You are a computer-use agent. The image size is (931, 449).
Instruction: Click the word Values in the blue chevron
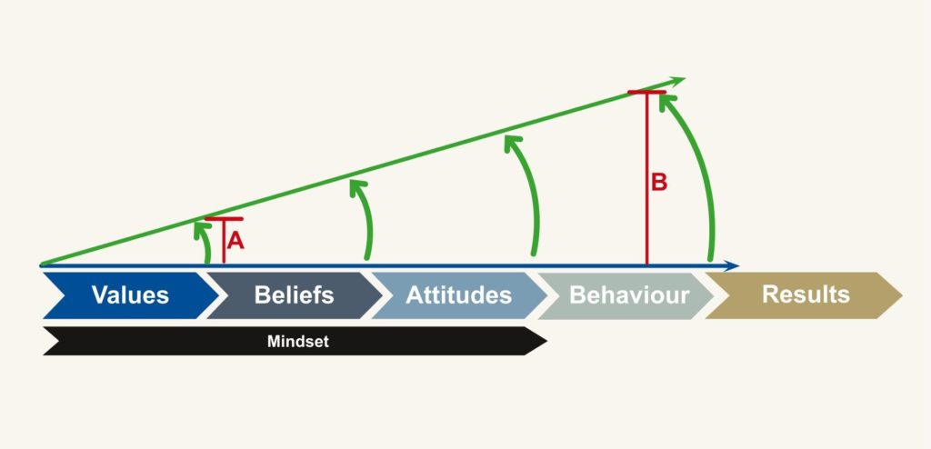pyautogui.click(x=130, y=295)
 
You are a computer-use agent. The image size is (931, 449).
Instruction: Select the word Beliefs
pyautogui.click(x=294, y=295)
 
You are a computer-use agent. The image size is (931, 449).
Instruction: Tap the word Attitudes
pyautogui.click(x=458, y=295)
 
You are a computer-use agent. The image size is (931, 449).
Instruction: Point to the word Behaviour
pyautogui.click(x=629, y=295)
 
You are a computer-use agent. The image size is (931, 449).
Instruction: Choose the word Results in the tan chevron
pyautogui.click(x=806, y=294)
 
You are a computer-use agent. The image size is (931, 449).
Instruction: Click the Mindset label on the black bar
pyautogui.click(x=297, y=342)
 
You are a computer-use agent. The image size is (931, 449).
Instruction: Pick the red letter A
pyautogui.click(x=235, y=241)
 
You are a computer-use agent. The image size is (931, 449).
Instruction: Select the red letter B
pyautogui.click(x=659, y=183)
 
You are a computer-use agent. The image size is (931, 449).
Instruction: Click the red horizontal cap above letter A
pyautogui.click(x=224, y=219)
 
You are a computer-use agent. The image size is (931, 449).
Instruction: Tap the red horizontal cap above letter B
pyautogui.click(x=646, y=92)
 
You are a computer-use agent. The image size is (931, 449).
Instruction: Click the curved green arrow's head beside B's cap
pyautogui.click(x=668, y=103)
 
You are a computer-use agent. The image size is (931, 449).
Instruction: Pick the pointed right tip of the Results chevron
pyautogui.click(x=902, y=295)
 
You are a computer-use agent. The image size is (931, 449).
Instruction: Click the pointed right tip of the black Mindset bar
pyautogui.click(x=546, y=341)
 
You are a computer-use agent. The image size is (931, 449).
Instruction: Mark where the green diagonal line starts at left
pyautogui.click(x=40, y=264)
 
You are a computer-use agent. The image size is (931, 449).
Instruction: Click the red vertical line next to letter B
pyautogui.click(x=646, y=179)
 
